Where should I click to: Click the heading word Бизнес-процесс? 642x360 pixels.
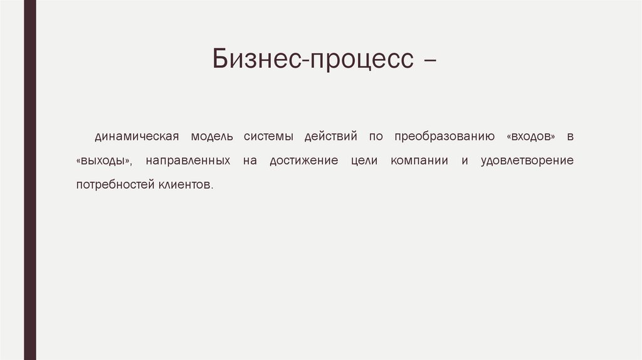point(313,60)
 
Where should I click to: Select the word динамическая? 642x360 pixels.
point(137,136)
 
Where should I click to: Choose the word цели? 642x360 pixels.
point(364,161)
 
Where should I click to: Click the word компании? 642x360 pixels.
point(419,161)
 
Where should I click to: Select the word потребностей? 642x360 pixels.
point(111,186)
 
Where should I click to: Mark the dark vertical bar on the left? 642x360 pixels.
point(29,180)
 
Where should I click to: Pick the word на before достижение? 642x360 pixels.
point(250,161)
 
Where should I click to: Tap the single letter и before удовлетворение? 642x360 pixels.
point(465,161)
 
